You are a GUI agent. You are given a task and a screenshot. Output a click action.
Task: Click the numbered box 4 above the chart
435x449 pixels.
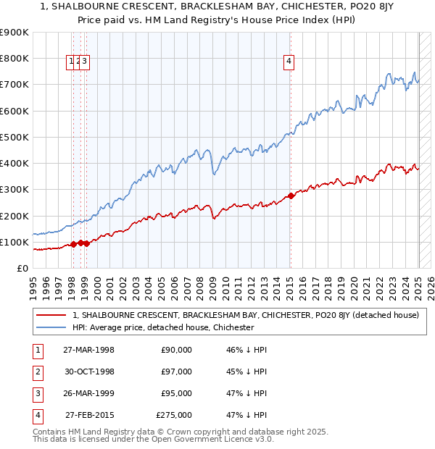[x=289, y=62]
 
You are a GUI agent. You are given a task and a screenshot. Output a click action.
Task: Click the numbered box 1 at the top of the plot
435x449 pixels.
[x=72, y=62]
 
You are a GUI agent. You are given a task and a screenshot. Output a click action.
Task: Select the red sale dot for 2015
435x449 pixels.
[x=291, y=196]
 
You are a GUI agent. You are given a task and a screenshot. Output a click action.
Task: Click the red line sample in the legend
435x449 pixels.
[x=51, y=315]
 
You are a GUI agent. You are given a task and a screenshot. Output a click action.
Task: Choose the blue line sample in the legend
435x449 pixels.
[x=51, y=327]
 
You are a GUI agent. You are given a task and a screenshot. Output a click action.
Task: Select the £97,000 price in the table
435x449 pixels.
[x=176, y=372]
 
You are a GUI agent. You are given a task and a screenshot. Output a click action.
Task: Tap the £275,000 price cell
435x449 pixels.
[x=175, y=415]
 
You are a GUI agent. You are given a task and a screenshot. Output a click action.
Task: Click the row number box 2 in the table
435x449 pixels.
[x=37, y=372]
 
